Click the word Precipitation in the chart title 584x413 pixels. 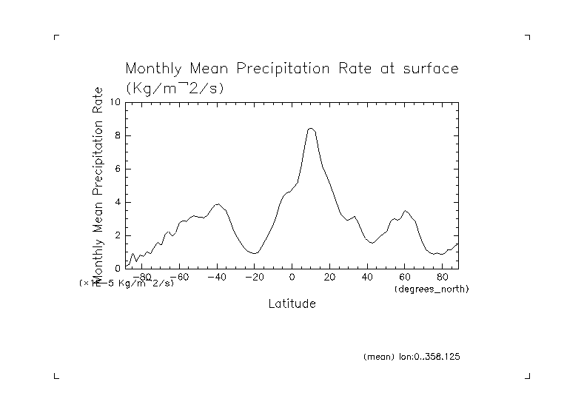286,70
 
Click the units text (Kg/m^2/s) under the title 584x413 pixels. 175,87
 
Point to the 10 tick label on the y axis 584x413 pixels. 115,102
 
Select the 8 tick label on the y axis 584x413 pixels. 117,135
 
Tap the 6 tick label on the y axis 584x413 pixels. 117,169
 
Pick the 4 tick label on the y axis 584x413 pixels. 117,202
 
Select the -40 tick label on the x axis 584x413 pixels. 216,278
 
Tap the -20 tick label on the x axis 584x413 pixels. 254,278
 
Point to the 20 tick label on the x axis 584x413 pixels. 330,278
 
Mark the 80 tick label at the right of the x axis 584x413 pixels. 443,278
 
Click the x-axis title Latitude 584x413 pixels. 292,304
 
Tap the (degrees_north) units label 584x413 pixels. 432,288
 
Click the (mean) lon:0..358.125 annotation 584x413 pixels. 412,357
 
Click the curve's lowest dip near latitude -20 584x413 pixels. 254,253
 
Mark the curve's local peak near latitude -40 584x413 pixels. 218,204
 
